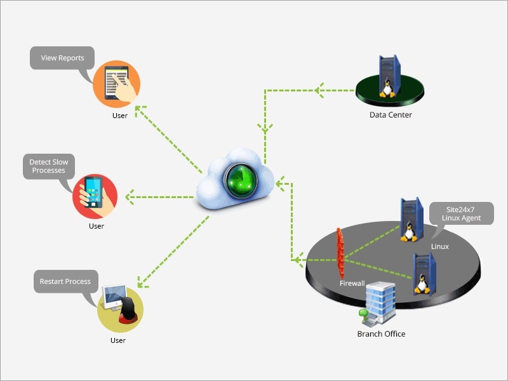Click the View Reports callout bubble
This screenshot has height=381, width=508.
62,58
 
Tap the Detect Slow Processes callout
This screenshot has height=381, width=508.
48,166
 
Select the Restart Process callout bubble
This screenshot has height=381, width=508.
65,281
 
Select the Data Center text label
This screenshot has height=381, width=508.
391,115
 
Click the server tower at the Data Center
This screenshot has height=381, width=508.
389,76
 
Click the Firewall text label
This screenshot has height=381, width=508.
352,283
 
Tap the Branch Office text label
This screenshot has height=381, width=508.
381,334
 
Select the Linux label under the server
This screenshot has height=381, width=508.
439,246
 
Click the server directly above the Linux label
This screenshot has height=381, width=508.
410,219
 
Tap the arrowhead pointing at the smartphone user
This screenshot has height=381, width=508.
130,197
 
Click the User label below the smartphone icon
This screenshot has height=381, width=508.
96,226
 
